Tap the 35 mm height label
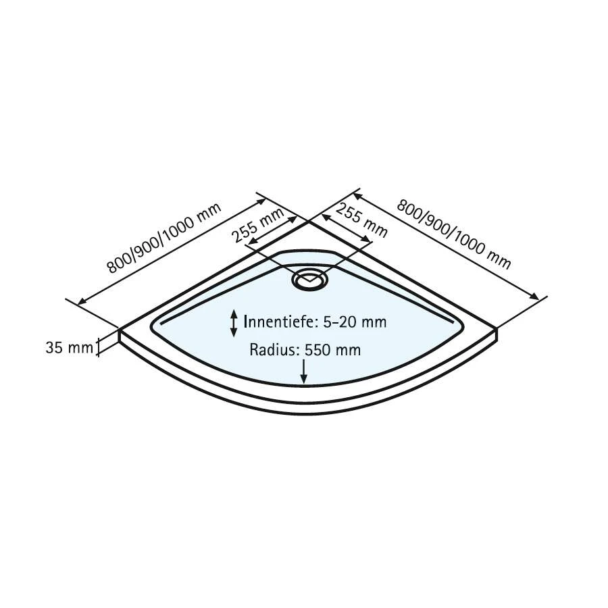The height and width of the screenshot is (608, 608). (x=68, y=348)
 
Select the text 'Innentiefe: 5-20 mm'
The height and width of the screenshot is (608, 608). (x=315, y=322)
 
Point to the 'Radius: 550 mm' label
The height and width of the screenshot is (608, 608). (x=305, y=350)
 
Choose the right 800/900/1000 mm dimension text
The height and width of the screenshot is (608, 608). (x=453, y=234)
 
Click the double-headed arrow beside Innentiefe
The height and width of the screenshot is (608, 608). (x=234, y=323)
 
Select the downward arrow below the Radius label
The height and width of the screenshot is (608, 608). (x=305, y=372)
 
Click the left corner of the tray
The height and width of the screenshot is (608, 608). (x=121, y=331)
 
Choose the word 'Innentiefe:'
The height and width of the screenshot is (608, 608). (x=282, y=322)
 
